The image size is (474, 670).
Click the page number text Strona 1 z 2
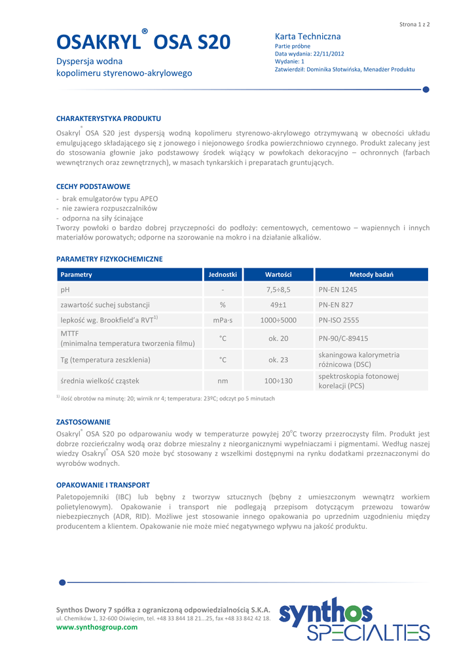414,24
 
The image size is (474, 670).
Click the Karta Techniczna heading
308,37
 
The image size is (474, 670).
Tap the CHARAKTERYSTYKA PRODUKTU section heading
109,118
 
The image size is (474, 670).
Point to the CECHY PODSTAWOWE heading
93,186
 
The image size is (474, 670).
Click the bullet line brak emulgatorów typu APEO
109,198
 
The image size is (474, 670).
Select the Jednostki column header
223,274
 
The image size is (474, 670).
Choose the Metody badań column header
371,274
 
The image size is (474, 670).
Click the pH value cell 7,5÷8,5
278,289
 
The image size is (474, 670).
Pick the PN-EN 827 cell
336,305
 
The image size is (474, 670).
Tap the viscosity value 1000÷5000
278,321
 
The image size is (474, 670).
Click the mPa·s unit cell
223,321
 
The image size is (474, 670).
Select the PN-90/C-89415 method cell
343,338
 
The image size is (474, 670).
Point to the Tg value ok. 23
278,360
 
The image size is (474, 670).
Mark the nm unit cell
223,381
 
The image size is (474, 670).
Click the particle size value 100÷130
278,381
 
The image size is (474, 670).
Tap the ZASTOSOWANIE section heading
83,422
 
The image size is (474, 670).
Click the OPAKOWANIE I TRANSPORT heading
103,485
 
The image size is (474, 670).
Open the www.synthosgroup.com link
97,627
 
